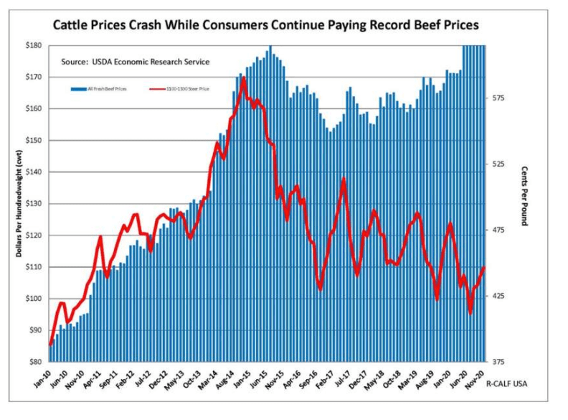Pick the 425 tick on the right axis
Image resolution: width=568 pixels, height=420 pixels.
pos(501,296)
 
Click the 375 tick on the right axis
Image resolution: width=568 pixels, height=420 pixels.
pos(501,362)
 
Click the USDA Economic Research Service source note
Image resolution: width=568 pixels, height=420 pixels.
pos(136,62)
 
